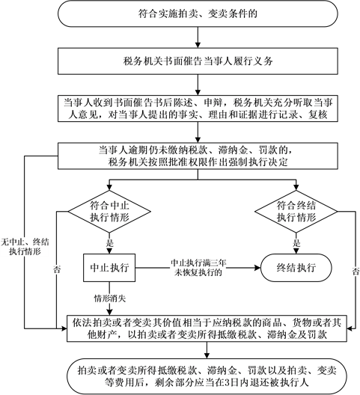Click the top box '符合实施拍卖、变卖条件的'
[x=198, y=13]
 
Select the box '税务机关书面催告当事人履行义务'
[x=198, y=61]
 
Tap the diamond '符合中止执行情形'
[x=109, y=212]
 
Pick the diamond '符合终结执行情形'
[x=296, y=212]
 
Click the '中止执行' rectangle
[x=109, y=268]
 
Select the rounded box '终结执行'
[x=296, y=268]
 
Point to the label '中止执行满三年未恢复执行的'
[x=198, y=268]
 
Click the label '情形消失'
[x=110, y=298]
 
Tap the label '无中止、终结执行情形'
[x=25, y=247]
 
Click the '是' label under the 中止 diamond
[x=110, y=243]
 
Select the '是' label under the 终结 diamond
[x=296, y=243]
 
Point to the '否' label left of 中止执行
[x=57, y=269]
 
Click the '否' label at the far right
[x=356, y=272]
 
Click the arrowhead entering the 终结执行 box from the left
[x=257, y=268]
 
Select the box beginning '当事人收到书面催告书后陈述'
[x=198, y=108]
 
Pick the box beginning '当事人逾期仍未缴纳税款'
[x=198, y=156]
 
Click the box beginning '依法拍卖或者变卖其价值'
[x=207, y=328]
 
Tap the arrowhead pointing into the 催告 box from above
[x=198, y=45]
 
